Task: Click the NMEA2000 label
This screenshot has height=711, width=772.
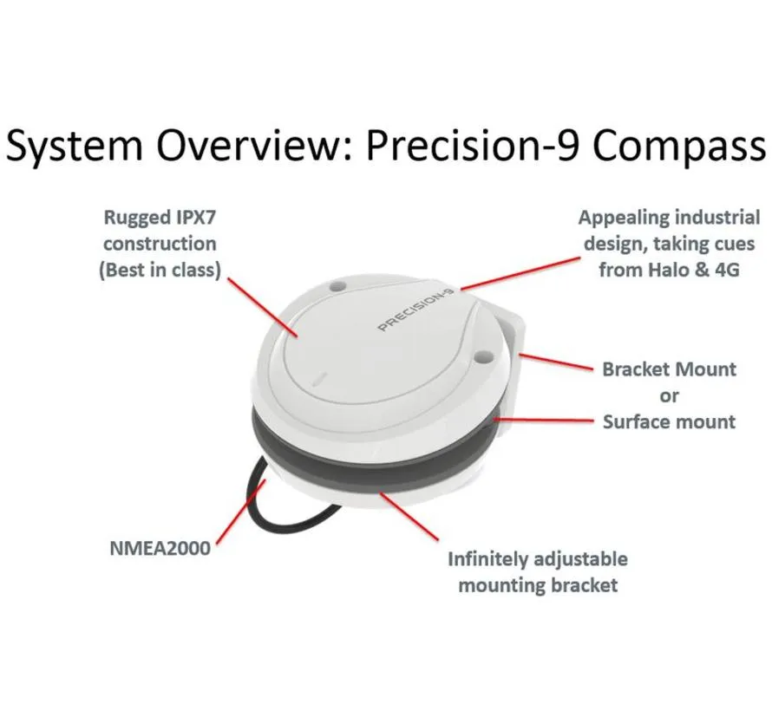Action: [x=160, y=548]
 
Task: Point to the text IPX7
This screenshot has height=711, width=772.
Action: [x=195, y=217]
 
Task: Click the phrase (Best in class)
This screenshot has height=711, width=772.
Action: [x=160, y=271]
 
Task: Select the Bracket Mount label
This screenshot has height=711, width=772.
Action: [x=669, y=369]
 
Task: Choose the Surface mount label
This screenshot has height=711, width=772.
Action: [x=669, y=421]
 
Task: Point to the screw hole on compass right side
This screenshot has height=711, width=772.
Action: [x=485, y=355]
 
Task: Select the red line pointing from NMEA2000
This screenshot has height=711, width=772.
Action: [x=241, y=512]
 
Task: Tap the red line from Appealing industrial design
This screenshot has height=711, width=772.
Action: [x=520, y=274]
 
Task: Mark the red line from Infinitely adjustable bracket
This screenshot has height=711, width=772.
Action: [x=409, y=516]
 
